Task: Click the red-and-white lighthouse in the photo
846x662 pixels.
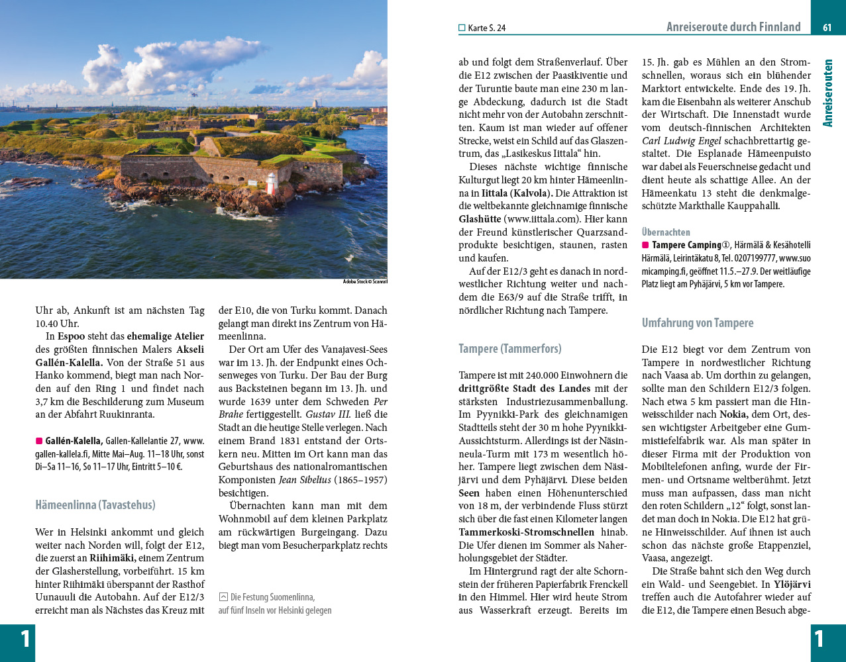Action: point(271,183)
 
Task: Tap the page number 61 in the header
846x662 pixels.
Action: point(827,28)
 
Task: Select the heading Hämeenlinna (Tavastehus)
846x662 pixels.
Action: point(95,505)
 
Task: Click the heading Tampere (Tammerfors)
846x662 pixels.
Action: point(509,349)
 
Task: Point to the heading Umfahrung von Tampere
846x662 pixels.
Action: point(698,323)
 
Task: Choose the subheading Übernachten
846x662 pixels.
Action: point(666,232)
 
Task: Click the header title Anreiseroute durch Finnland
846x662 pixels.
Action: point(733,27)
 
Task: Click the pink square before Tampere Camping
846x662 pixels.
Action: point(645,245)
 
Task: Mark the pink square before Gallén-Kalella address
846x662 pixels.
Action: point(39,441)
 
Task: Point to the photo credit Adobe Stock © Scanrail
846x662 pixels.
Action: point(365,282)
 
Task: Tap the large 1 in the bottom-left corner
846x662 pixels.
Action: point(25,639)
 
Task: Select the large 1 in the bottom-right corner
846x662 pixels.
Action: point(820,639)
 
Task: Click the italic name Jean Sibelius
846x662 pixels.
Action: point(305,480)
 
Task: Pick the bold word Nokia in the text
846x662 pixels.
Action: point(733,415)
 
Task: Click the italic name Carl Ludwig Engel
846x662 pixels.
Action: point(681,141)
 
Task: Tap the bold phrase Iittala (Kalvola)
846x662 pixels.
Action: point(517,193)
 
